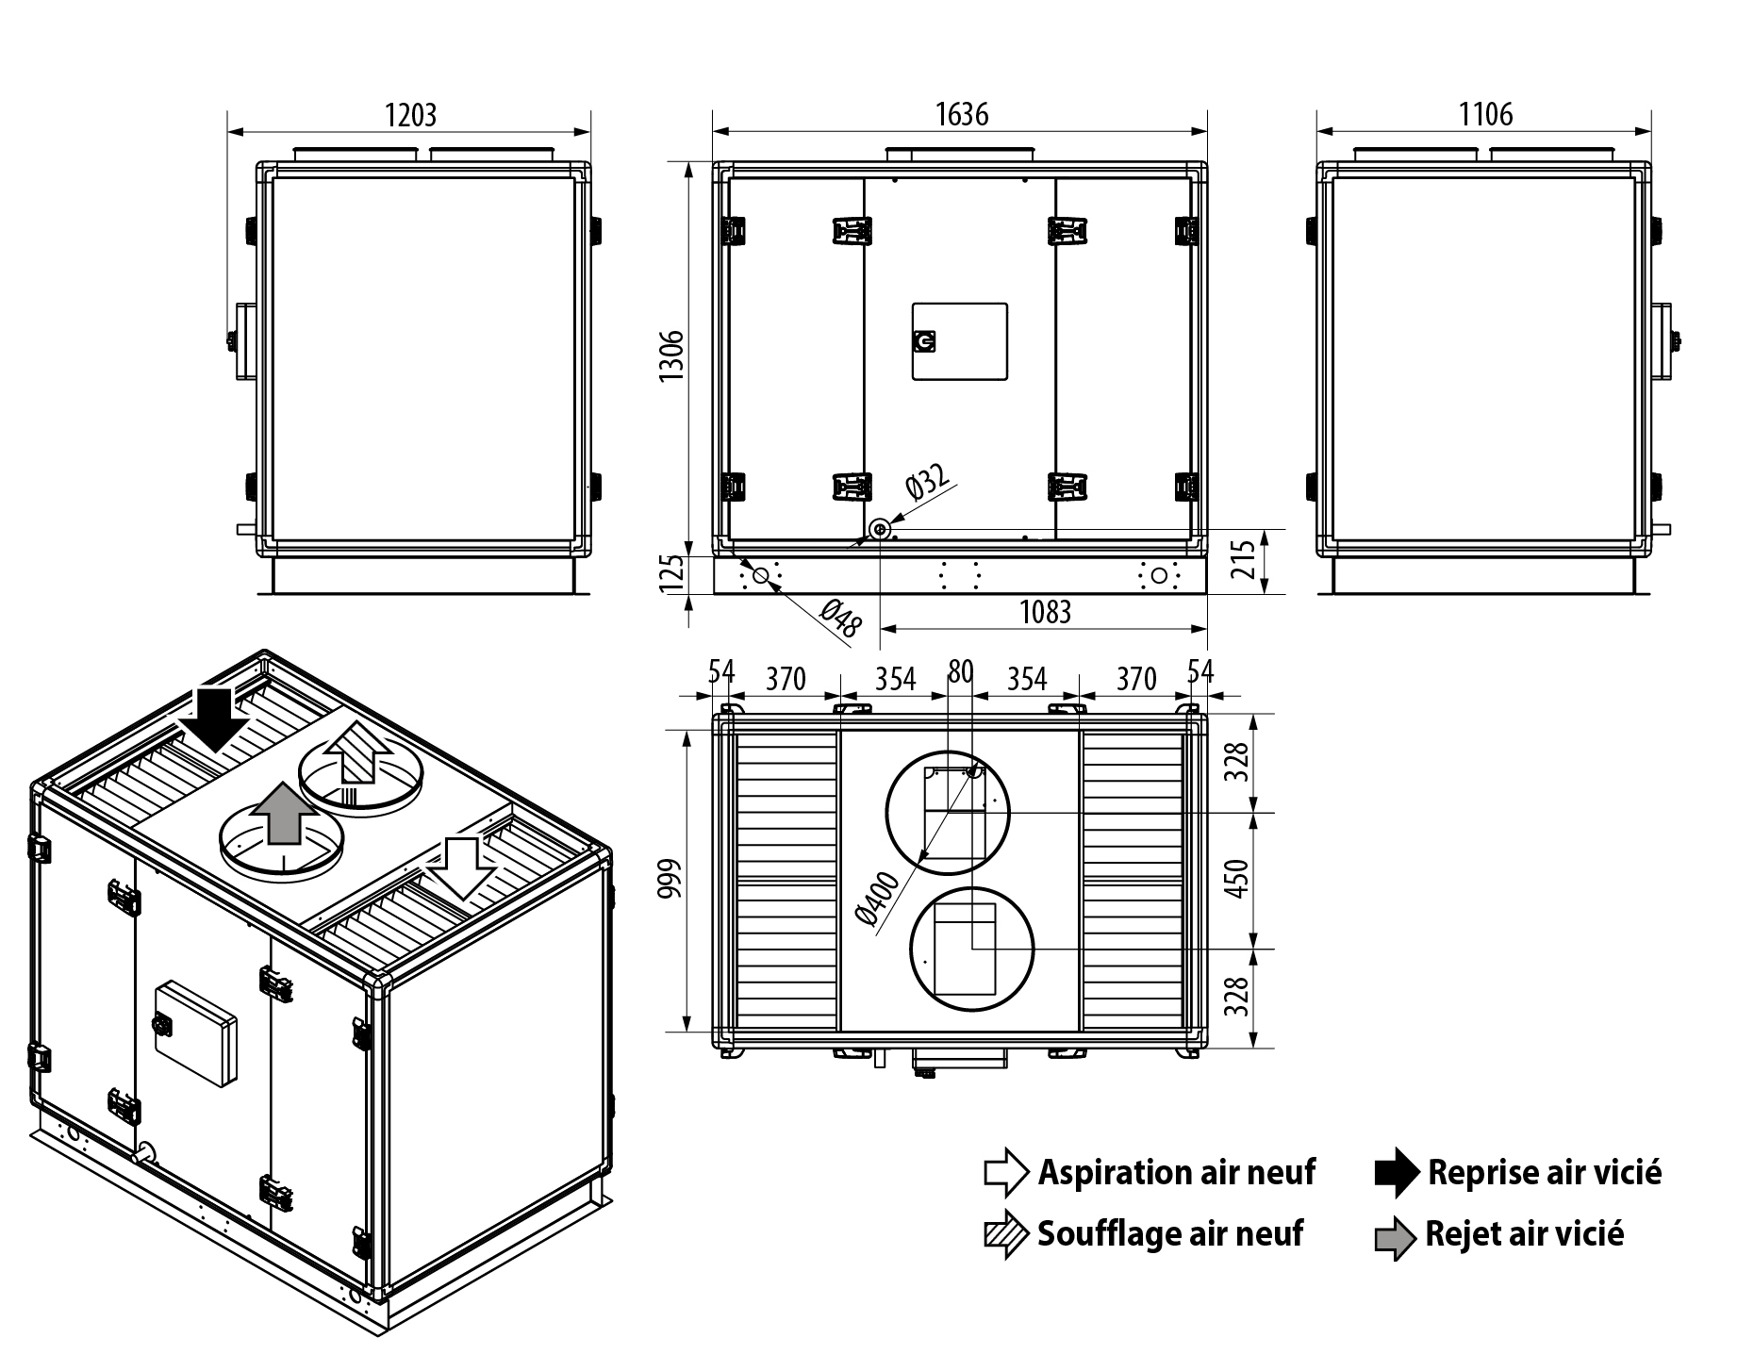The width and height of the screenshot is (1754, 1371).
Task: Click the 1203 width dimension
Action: tap(410, 115)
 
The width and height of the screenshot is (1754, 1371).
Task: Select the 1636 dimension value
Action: tap(961, 114)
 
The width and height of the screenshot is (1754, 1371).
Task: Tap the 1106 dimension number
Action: tap(1485, 115)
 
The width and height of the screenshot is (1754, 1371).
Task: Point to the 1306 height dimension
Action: tap(671, 356)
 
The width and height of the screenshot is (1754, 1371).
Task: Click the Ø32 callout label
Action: tap(926, 481)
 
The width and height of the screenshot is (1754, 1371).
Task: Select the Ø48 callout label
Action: tap(841, 619)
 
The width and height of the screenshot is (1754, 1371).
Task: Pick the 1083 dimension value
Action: tap(1045, 613)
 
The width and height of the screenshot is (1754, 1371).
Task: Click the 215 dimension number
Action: tap(1245, 559)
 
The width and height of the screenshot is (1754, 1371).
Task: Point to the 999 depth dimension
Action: tap(669, 879)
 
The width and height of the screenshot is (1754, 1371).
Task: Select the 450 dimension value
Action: tap(1240, 879)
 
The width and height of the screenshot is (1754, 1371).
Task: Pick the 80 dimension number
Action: tap(960, 671)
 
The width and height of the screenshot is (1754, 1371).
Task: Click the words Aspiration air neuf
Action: tap(1176, 1172)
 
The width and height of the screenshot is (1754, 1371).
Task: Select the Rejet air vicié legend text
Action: tap(1524, 1233)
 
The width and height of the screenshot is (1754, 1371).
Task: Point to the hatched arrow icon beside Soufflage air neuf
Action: tap(1005, 1234)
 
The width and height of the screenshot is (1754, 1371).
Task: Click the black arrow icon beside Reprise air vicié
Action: tap(1396, 1172)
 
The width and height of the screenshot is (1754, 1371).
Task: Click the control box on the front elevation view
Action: tap(959, 341)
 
